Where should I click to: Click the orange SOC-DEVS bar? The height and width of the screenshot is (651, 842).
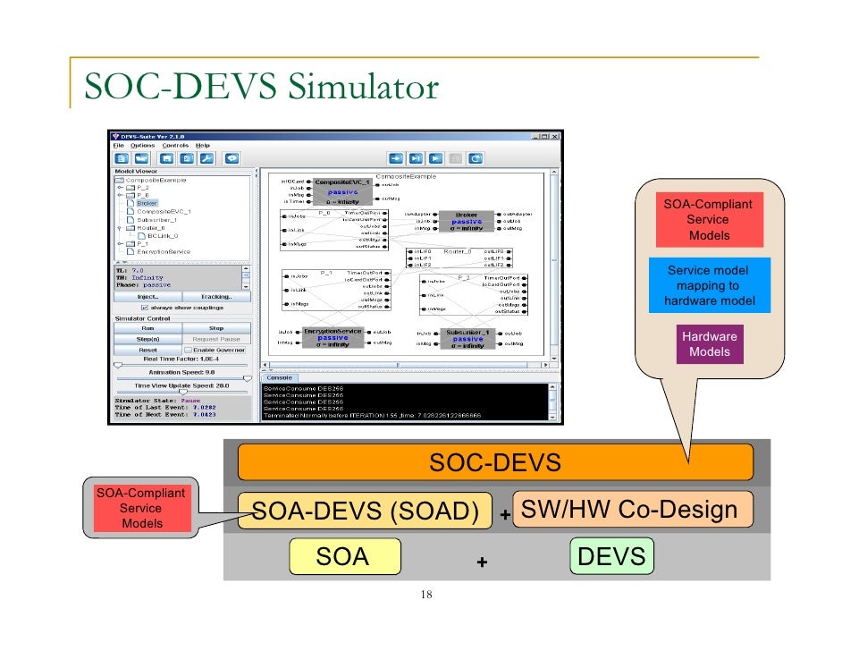(494, 462)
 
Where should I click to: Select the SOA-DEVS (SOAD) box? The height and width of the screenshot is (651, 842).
(365, 511)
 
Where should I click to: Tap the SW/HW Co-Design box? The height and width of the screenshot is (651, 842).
(630, 510)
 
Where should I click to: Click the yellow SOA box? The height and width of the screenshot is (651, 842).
(344, 557)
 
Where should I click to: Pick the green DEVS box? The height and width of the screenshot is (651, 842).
(611, 557)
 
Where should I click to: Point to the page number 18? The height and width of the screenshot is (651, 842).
(425, 596)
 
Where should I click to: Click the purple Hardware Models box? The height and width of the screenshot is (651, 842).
(709, 344)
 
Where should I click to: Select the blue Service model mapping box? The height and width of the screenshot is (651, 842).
(709, 286)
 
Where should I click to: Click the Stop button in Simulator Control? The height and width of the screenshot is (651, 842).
(215, 328)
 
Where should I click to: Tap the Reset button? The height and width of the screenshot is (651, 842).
(147, 350)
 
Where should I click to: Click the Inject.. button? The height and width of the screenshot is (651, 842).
(147, 296)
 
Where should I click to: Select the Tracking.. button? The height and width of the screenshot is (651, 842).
(215, 296)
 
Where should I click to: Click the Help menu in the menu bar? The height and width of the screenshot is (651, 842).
(203, 145)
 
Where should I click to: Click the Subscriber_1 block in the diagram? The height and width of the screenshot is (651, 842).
(467, 336)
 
